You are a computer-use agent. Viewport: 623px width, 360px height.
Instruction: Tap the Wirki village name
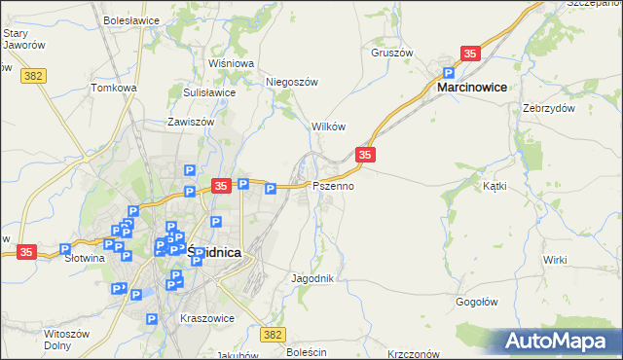[555, 260]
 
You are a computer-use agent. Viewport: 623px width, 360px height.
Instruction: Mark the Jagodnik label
[312, 278]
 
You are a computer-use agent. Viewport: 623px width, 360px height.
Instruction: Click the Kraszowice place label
[204, 318]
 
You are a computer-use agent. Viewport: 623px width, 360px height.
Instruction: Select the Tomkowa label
[113, 88]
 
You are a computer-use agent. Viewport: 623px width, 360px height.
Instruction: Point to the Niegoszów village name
[293, 82]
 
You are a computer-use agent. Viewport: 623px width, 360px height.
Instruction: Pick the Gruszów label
[392, 53]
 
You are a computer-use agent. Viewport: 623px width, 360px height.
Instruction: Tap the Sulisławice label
[209, 92]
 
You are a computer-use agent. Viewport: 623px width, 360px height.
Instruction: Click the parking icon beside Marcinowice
[450, 72]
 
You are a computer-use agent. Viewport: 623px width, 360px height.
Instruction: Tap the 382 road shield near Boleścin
[273, 334]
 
